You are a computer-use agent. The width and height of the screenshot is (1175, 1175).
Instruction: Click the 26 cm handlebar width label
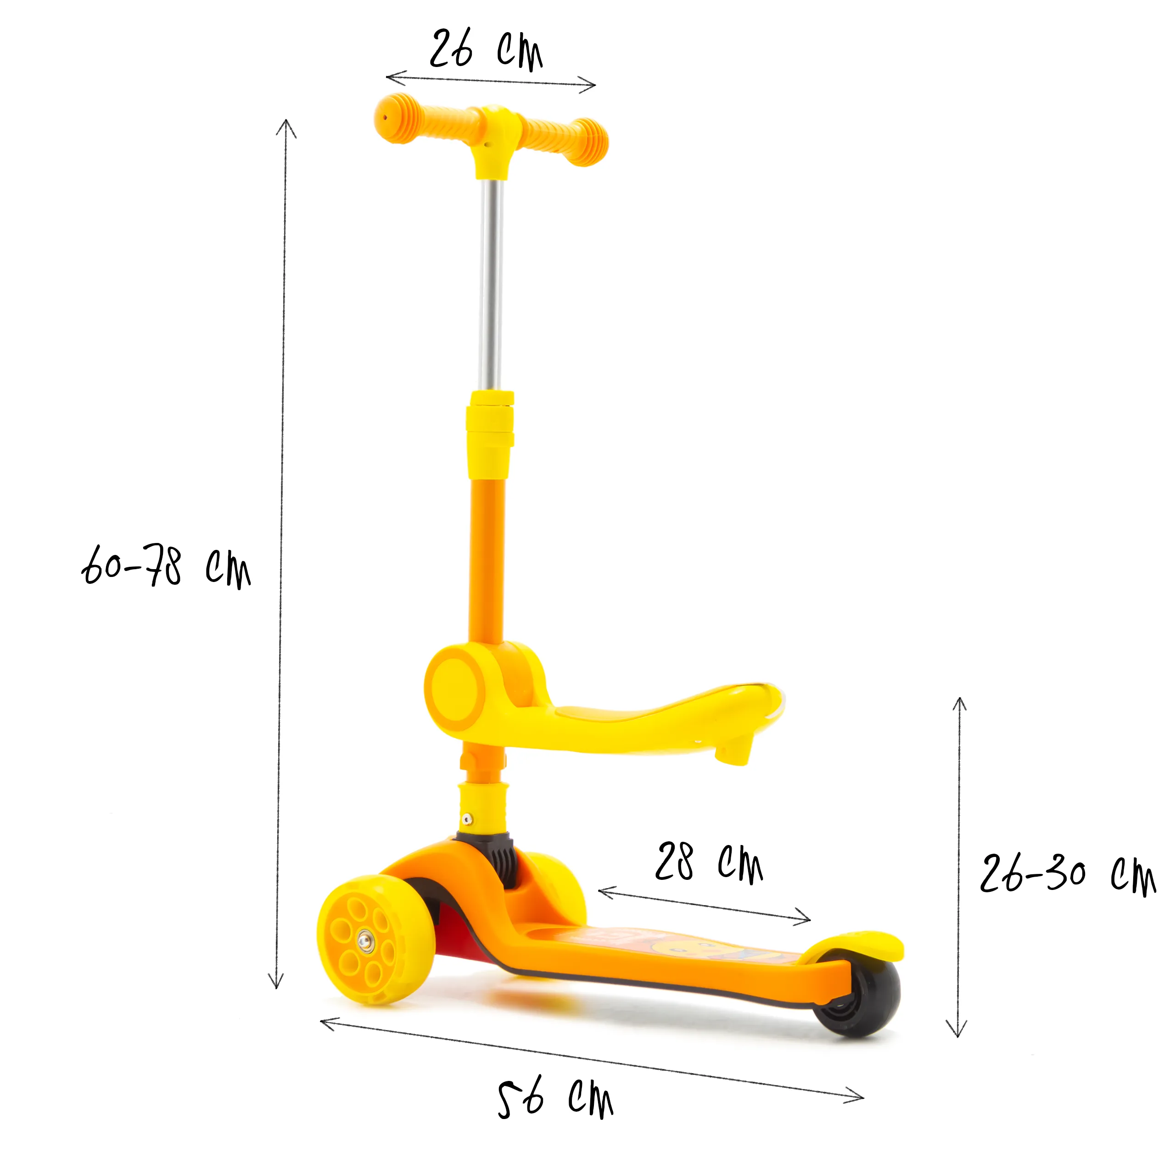coord(486,50)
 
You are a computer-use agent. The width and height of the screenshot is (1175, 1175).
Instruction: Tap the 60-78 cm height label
coord(166,566)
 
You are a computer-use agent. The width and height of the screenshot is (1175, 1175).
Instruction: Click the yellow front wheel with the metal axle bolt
coord(376,940)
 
